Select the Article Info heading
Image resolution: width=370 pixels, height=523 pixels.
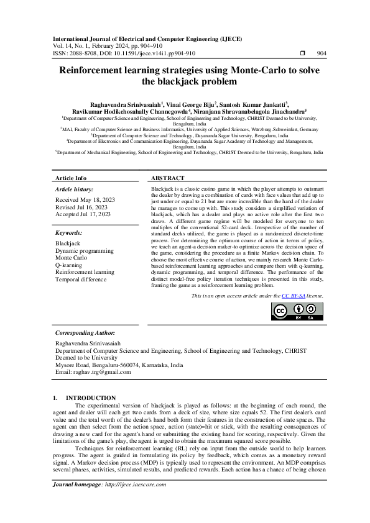[71, 178]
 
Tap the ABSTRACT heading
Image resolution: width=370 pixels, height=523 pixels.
[167, 178]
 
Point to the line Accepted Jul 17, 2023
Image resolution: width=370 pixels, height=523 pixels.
[83, 214]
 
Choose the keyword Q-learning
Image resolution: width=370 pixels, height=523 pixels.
[69, 265]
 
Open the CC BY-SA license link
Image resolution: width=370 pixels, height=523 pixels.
[294, 297]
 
